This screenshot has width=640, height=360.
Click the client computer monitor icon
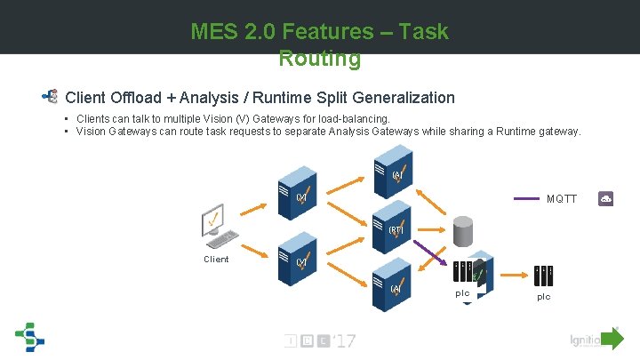214,220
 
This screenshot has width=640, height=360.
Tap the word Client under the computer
216,260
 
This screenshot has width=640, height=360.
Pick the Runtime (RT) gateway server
395,228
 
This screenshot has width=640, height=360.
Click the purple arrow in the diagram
433,251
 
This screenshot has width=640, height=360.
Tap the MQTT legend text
562,198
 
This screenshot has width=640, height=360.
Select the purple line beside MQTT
527,198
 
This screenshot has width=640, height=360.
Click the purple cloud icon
606,198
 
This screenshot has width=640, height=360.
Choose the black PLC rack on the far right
543,275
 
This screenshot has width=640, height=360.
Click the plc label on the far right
543,297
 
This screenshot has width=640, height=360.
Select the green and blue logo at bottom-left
28,338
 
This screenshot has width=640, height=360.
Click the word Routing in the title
319,60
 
